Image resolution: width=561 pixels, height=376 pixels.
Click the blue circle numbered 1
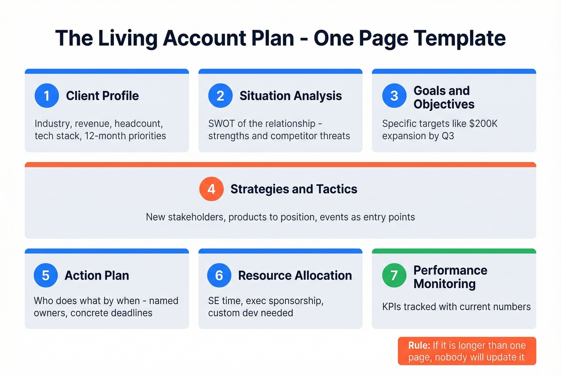46,96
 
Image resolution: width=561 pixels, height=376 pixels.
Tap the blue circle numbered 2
220,96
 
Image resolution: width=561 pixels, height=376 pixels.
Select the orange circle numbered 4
211,189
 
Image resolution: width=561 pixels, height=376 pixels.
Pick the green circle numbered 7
394,275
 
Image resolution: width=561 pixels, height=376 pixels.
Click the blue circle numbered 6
219,275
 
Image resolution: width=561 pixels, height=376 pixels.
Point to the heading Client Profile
102,96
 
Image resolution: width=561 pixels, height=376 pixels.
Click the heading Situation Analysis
291,96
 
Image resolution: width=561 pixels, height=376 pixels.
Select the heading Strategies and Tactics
294,189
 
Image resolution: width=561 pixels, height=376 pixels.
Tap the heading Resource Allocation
295,275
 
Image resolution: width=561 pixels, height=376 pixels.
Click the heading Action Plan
97,275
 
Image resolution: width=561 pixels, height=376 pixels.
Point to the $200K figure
483,124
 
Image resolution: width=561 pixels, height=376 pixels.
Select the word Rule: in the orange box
419,346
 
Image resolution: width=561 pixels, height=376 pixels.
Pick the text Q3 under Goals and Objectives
448,136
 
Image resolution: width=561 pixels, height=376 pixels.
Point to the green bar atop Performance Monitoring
454,251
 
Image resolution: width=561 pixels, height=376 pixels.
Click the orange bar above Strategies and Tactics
280,165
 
